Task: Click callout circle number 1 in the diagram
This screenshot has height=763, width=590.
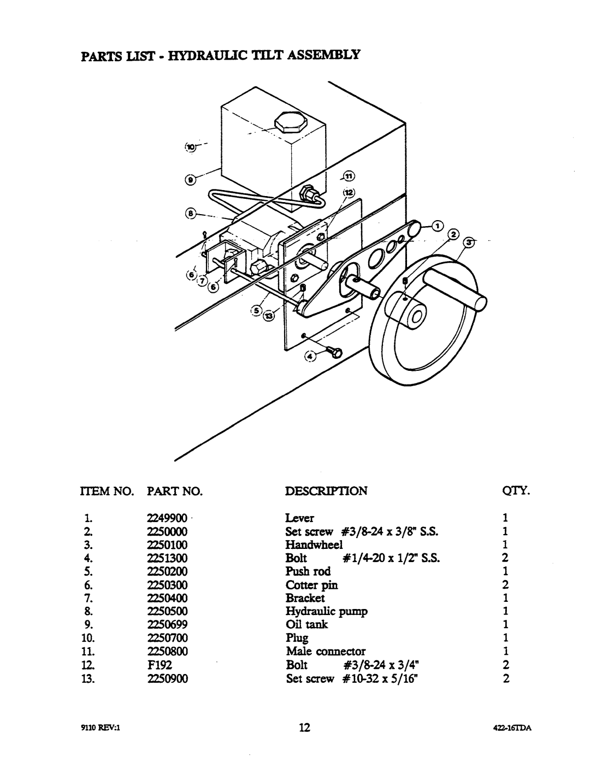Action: [x=438, y=226]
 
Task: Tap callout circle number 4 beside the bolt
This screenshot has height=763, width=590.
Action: [x=310, y=357]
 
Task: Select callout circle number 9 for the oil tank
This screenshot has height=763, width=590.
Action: [x=190, y=180]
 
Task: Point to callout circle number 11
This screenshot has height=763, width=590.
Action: [x=349, y=176]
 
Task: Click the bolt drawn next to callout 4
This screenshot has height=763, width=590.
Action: [x=333, y=352]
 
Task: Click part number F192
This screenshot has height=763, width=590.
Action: [x=160, y=665]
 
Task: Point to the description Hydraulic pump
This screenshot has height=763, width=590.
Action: [x=326, y=611]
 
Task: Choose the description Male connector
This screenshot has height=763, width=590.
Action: [x=326, y=652]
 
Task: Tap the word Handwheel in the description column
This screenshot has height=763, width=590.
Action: [x=314, y=545]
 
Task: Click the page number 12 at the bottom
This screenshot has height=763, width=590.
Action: [x=304, y=727]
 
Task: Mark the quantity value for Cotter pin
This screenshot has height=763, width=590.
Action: [x=505, y=584]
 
